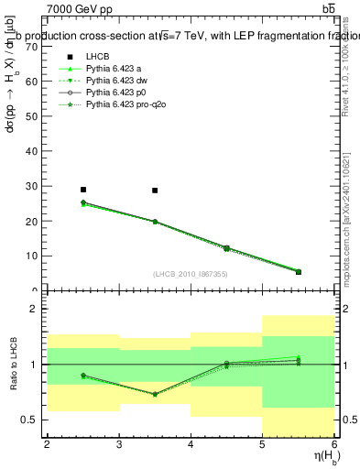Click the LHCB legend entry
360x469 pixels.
pos(98,57)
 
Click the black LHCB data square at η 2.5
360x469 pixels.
pos(83,190)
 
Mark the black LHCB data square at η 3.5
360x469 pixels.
pos(155,191)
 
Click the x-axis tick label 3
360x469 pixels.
pos(119,445)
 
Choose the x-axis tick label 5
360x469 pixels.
pos(262,445)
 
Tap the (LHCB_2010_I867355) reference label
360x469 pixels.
pos(191,274)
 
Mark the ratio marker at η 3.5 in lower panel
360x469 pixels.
pos(155,395)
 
